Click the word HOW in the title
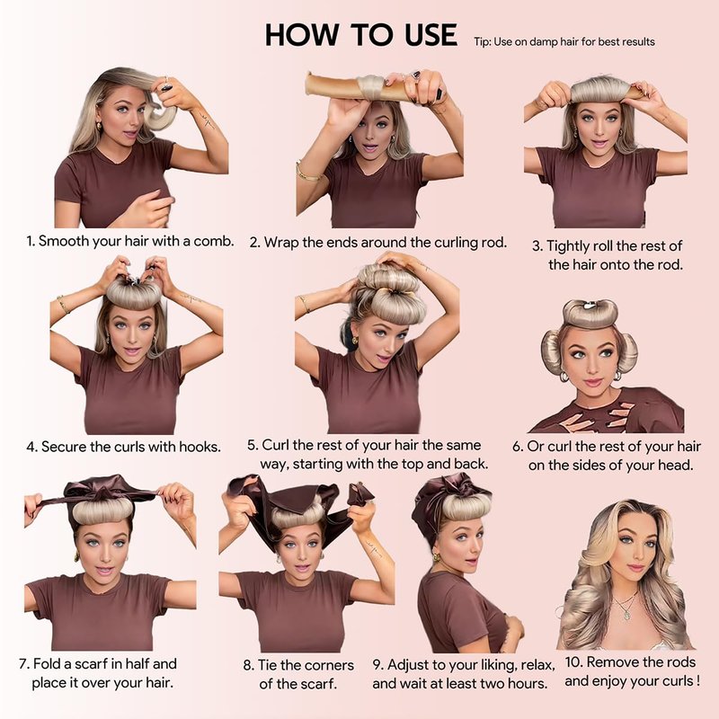click(303, 35)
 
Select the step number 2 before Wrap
click(254, 243)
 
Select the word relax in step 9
click(537, 664)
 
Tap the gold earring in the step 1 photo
click(99, 127)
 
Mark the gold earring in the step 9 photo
click(436, 557)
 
